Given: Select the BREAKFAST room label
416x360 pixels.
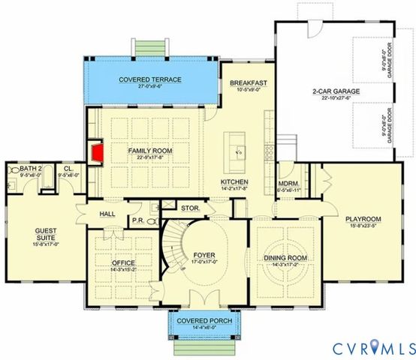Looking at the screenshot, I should [x=250, y=82].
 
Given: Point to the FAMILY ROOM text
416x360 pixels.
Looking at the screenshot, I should [x=150, y=151].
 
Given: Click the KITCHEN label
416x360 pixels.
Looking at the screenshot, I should [x=234, y=182].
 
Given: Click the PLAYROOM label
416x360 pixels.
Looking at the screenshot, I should [x=363, y=219].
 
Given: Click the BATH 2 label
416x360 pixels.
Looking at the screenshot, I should [x=30, y=169].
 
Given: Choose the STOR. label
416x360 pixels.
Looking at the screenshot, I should [x=188, y=208].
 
